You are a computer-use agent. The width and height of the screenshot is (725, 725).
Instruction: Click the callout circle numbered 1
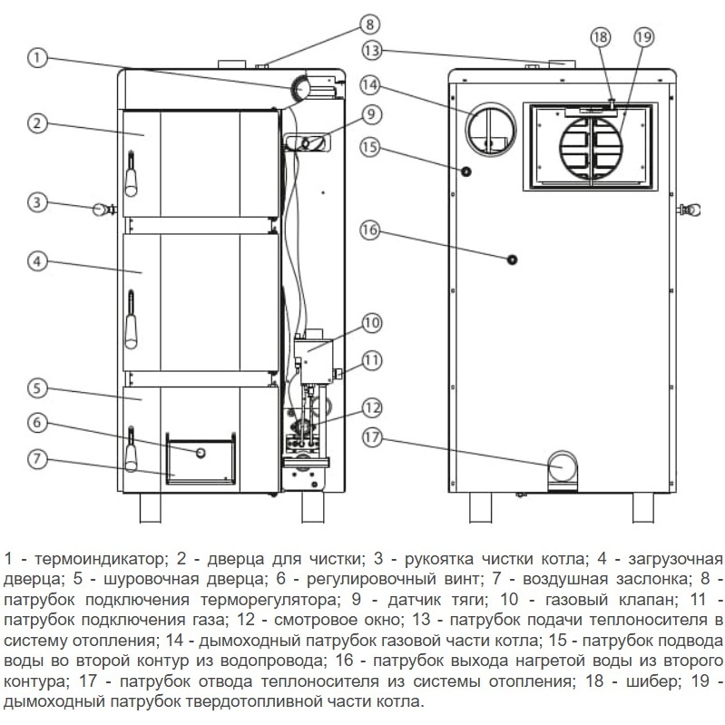[x=37, y=59]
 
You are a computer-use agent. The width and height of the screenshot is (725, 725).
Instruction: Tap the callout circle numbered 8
[x=369, y=24]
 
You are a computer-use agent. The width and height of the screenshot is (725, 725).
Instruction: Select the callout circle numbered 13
[x=371, y=51]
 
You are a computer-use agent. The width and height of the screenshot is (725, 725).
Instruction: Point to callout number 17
[x=372, y=437]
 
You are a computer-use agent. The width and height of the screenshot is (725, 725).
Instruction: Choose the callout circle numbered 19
[x=643, y=37]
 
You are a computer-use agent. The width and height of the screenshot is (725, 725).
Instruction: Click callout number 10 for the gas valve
[x=371, y=323]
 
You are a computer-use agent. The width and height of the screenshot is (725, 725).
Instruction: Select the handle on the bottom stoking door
[x=132, y=449]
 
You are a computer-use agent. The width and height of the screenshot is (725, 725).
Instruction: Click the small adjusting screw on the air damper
[x=201, y=453]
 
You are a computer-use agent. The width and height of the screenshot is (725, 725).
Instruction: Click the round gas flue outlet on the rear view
[x=491, y=130]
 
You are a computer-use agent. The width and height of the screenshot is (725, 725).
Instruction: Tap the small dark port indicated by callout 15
[x=466, y=172]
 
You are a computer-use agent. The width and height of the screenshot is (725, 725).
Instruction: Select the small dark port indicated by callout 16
[x=512, y=260]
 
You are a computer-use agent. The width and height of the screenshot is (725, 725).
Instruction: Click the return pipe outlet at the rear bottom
[x=563, y=469]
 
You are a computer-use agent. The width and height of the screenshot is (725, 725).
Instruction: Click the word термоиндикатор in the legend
[x=99, y=559]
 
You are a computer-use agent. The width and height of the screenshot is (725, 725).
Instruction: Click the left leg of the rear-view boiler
[x=480, y=508]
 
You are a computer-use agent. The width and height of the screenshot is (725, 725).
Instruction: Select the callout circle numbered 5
[x=37, y=388]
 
